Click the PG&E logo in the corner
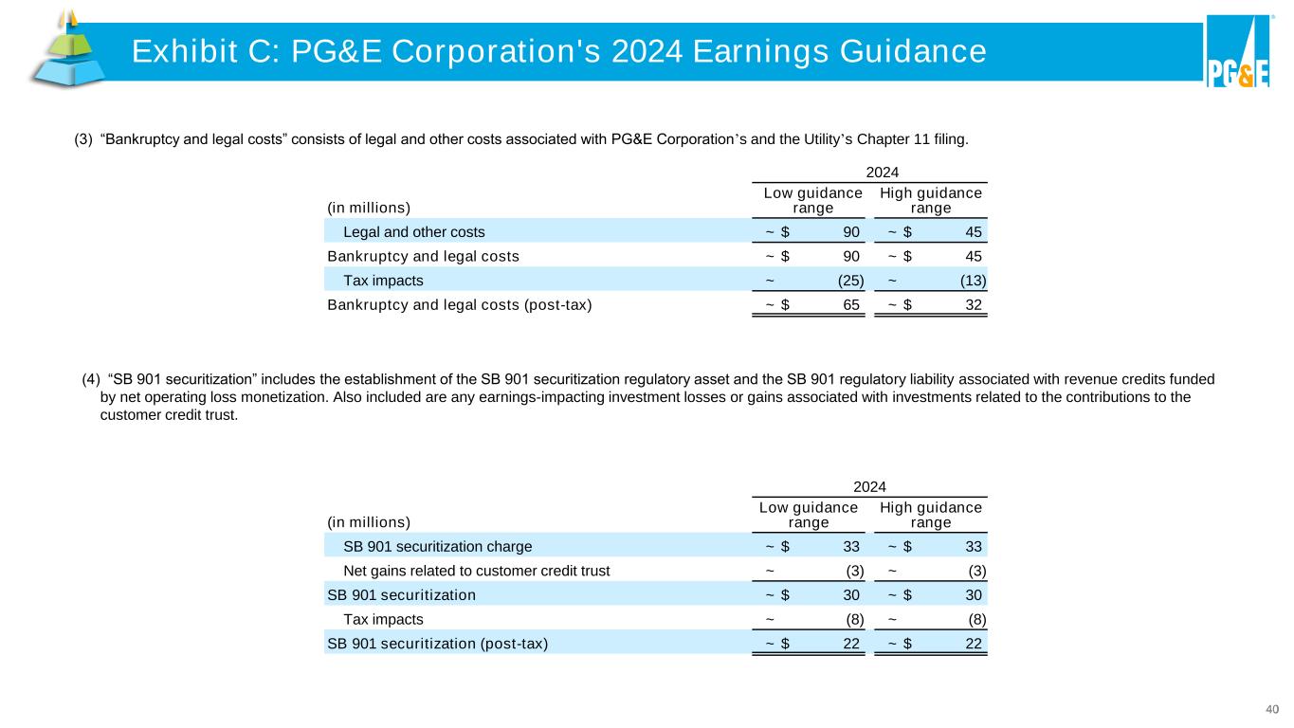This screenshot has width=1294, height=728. point(1237,52)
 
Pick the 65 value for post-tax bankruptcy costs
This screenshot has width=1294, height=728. point(850,305)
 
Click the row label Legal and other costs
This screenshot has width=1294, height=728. point(413,231)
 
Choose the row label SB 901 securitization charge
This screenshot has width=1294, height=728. point(437,546)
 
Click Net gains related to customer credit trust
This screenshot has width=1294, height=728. point(476,571)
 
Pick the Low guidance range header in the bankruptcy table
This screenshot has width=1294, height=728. point(812,200)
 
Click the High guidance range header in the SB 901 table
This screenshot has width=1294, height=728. point(931,515)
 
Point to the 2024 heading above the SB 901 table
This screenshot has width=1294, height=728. point(869,486)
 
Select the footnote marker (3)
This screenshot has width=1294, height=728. point(82,140)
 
